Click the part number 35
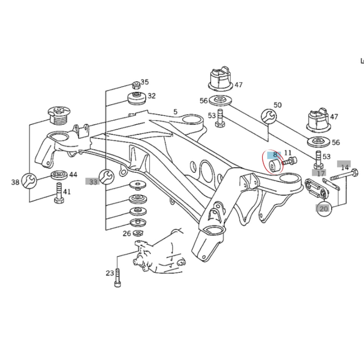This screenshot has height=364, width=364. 144,82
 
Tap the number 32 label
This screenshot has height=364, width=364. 151,96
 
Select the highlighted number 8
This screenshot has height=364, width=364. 275,155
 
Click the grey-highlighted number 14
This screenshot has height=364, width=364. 344,167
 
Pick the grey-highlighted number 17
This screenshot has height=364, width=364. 321,173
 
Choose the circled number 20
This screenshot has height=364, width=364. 324,209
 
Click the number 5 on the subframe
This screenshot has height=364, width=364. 175,112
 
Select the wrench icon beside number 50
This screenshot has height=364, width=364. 268,116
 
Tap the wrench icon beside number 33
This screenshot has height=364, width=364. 106,176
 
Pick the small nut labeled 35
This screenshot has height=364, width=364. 136,85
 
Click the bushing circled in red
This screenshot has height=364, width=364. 273,166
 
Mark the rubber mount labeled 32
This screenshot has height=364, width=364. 136,99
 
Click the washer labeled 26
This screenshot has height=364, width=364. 138,232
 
